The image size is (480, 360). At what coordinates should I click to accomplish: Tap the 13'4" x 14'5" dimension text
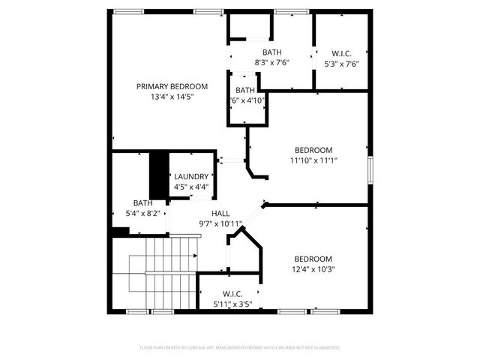click(172, 97)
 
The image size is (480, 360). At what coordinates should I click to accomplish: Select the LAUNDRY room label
click(190, 177)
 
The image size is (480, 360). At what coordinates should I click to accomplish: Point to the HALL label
click(220, 214)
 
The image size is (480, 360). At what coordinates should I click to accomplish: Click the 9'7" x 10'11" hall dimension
click(220, 223)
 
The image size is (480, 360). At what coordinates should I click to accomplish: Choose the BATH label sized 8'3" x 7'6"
click(271, 52)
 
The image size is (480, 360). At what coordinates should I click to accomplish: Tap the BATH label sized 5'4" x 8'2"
click(142, 202)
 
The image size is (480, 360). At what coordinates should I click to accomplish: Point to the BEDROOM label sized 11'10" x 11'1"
click(313, 150)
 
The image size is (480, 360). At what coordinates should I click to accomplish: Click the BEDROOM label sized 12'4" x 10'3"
click(313, 259)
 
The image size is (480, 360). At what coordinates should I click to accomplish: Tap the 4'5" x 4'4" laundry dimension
click(190, 187)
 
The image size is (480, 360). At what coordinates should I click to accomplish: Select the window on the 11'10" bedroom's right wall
click(370, 169)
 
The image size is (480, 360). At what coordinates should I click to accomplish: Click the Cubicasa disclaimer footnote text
click(240, 348)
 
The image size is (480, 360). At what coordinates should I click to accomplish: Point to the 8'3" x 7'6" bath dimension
click(271, 62)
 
